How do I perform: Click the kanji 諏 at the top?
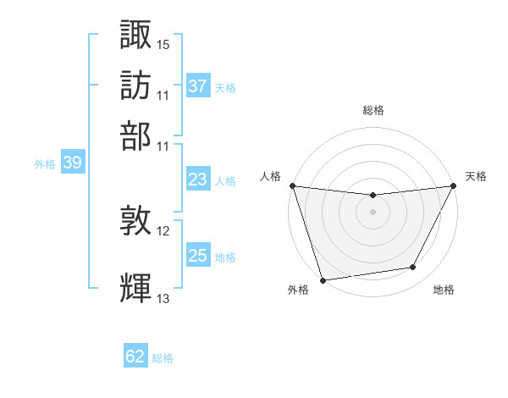click(x=136, y=36)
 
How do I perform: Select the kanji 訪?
click(x=136, y=86)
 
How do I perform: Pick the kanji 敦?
click(x=136, y=223)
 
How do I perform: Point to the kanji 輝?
click(x=136, y=289)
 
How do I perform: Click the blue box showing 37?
click(x=197, y=86)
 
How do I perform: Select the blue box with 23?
click(x=197, y=180)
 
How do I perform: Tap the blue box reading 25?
click(x=197, y=256)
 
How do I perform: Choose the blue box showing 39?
click(x=72, y=163)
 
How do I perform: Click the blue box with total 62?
click(x=135, y=357)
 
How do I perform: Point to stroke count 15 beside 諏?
click(x=163, y=44)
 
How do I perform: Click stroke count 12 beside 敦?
click(x=163, y=231)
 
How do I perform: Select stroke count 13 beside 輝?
click(x=163, y=298)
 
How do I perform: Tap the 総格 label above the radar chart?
click(x=373, y=110)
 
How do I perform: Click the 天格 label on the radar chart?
click(x=476, y=176)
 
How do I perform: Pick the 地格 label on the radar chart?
click(x=444, y=290)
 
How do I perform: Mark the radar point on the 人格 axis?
click(x=292, y=185)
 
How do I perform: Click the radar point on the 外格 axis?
click(x=323, y=279)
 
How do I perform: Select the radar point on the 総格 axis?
click(x=373, y=196)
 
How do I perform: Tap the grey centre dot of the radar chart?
click(x=373, y=212)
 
